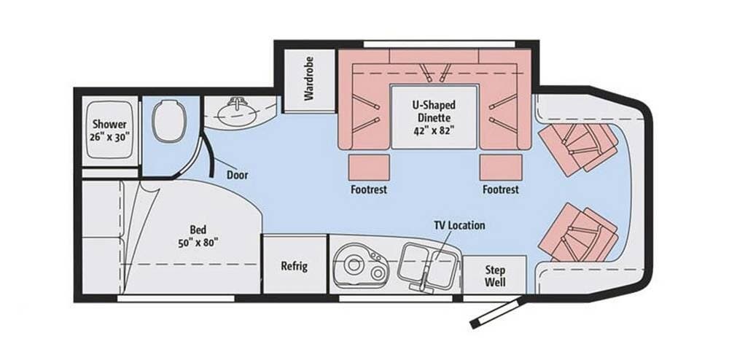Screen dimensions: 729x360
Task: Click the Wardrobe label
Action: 309,79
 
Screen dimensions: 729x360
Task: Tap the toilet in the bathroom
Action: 169,122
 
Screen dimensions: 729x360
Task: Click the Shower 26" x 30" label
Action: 109,130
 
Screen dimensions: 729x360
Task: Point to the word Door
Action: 237,175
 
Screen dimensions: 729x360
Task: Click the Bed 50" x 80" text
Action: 198,236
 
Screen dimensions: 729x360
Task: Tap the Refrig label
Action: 294,266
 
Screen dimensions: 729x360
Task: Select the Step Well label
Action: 495,276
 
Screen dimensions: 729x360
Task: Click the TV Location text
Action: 459,225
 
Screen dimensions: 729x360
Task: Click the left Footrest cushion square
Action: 369,168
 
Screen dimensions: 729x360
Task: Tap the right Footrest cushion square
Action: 502,168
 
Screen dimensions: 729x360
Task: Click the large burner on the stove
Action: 354,265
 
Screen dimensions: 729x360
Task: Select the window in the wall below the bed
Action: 176,298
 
